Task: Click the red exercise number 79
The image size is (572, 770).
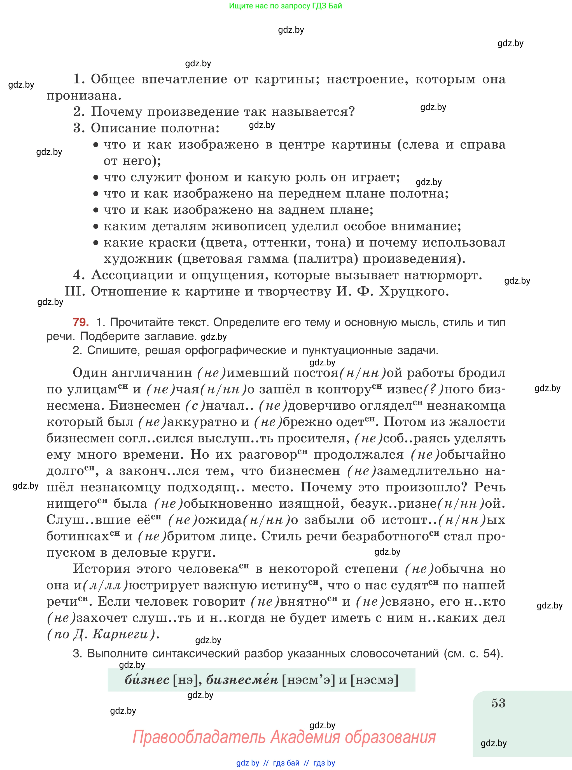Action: point(81,322)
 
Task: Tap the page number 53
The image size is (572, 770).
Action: point(498,703)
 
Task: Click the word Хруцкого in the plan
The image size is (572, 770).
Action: point(414,291)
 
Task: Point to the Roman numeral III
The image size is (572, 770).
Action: point(75,291)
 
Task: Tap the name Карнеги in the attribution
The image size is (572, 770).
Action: point(120,634)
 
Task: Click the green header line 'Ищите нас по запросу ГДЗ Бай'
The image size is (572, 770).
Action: point(286,6)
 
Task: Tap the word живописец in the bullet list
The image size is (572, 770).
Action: point(249,227)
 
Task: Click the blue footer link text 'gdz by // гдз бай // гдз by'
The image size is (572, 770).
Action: point(286,763)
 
